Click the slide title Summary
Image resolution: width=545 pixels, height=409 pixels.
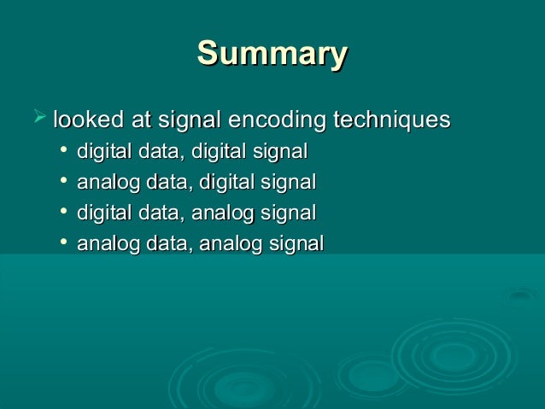point(272,53)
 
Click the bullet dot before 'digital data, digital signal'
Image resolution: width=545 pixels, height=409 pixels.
point(64,151)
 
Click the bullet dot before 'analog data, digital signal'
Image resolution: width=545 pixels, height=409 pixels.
point(64,181)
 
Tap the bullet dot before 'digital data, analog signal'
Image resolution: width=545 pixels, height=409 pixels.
point(64,211)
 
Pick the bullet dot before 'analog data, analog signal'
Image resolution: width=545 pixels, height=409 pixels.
point(64,242)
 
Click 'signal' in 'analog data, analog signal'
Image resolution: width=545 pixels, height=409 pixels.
point(296,244)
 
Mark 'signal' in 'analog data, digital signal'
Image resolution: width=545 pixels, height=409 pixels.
point(288,183)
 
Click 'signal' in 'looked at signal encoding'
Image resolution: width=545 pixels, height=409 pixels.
point(189,120)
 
